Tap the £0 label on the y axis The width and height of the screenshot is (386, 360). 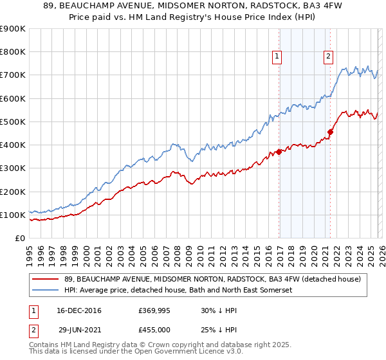pos(20,238)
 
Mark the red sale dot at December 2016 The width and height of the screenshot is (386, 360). pos(279,152)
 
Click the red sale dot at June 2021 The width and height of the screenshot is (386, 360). pos(330,132)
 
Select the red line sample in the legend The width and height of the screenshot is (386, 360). pos(46,279)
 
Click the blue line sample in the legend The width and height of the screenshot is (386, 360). pos(46,291)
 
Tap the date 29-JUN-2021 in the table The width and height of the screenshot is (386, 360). pos(77,329)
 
